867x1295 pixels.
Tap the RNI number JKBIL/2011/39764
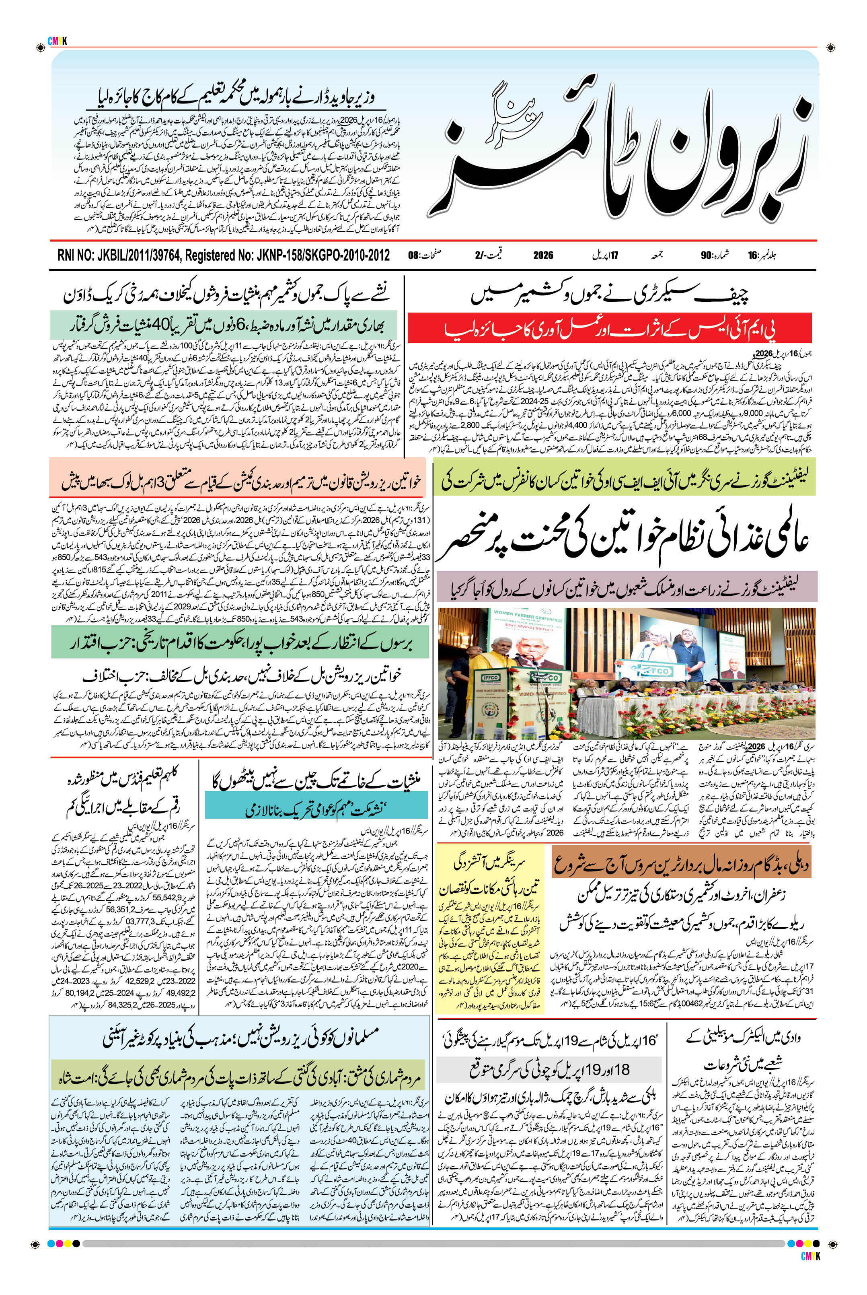[x=129, y=255]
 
